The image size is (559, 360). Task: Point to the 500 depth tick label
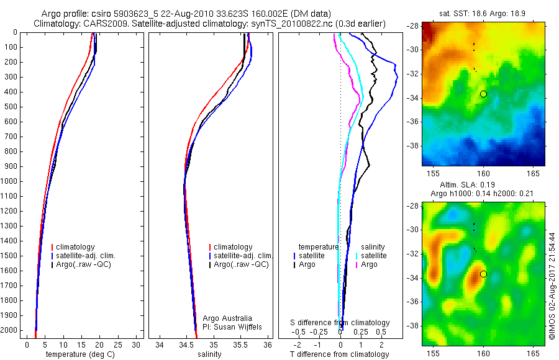[10, 107]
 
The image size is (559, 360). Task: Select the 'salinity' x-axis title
[210, 354]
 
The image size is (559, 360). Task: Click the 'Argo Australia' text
[229, 318]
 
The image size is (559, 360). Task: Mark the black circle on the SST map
[483, 94]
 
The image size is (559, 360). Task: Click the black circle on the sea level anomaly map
[483, 274]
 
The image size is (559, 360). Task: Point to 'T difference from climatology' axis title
[339, 354]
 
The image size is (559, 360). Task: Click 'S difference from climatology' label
[340, 323]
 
